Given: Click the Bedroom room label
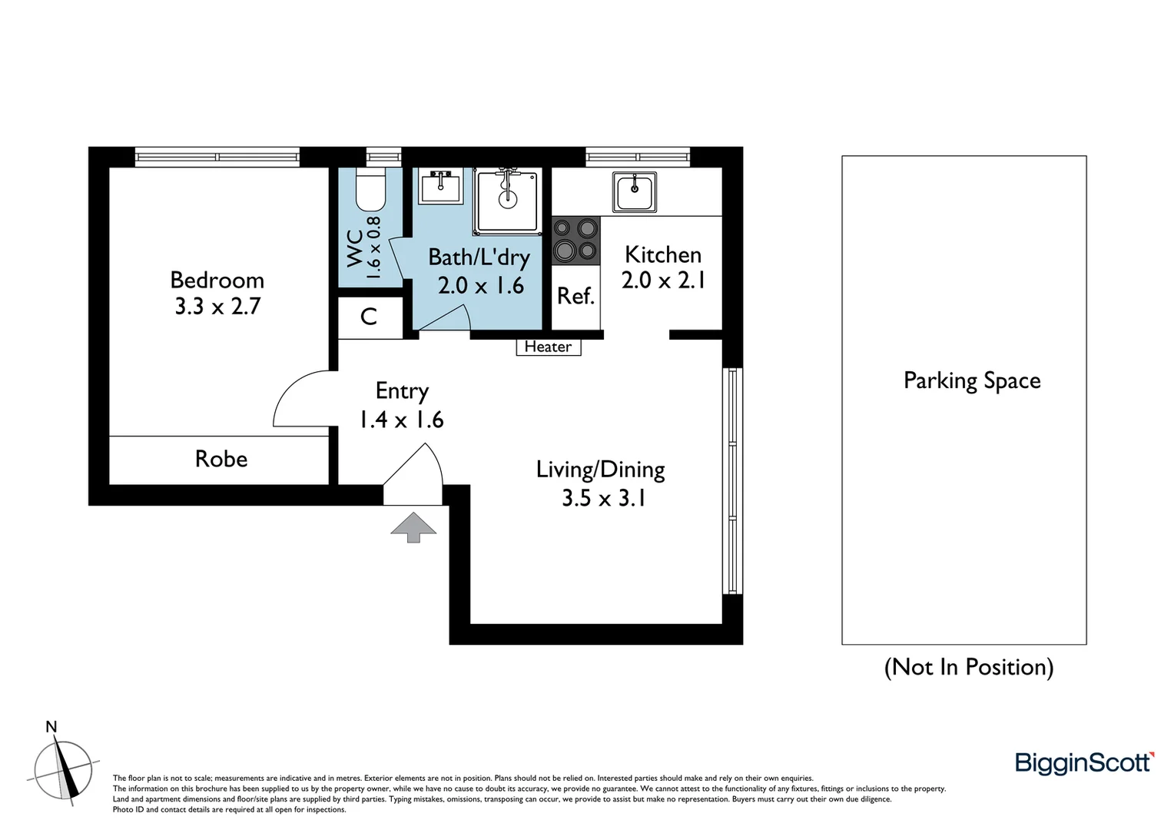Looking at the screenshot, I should [x=217, y=280].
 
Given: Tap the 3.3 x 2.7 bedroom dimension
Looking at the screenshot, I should [x=217, y=307].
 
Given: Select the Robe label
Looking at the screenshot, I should [x=221, y=459].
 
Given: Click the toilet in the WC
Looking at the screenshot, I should [x=370, y=190].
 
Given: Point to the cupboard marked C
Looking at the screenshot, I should [x=370, y=317].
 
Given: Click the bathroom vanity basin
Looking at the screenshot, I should [x=441, y=186].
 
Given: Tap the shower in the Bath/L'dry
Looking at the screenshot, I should [x=507, y=199].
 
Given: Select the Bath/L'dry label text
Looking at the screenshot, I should [x=479, y=257].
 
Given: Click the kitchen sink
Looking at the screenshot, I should [x=635, y=191].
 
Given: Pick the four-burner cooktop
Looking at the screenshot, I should [x=575, y=241].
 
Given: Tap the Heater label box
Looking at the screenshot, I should [x=548, y=347].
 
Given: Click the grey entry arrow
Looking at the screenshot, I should [x=413, y=527].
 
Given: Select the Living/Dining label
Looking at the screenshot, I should [x=600, y=469].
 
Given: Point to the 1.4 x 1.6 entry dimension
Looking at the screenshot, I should [x=401, y=420].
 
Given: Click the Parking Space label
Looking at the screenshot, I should [x=971, y=380].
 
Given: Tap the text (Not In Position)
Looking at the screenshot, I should [x=968, y=666].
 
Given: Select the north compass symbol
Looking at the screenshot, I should [x=65, y=771].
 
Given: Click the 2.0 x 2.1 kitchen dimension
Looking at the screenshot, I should [x=663, y=281].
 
